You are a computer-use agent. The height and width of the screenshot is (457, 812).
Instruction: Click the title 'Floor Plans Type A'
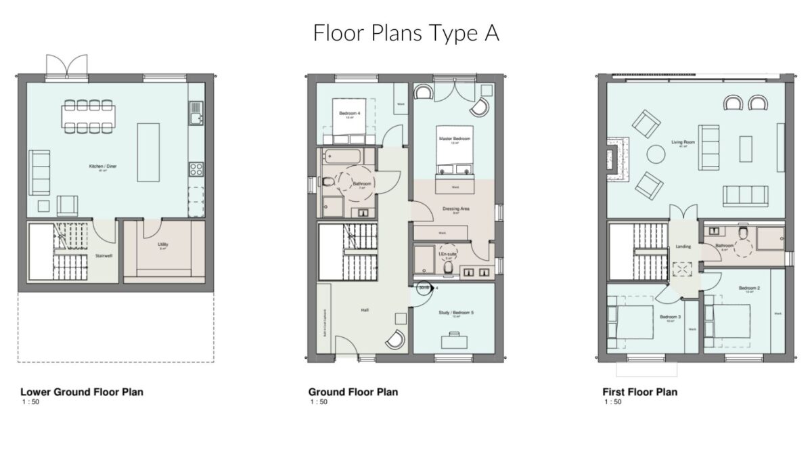pyautogui.click(x=406, y=33)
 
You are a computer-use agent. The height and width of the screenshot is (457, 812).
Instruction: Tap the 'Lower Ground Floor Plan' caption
pyautogui.click(x=82, y=392)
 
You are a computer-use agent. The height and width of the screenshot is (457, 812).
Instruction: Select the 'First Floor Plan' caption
pyautogui.click(x=639, y=392)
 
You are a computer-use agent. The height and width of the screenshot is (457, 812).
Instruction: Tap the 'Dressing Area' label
pyautogui.click(x=456, y=209)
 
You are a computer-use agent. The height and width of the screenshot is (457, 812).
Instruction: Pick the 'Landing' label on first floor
pyautogui.click(x=683, y=246)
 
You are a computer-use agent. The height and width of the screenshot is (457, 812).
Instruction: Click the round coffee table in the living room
pyautogui.click(x=656, y=155)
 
